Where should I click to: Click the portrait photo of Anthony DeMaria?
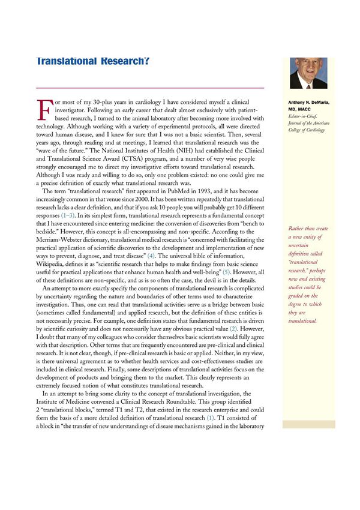tap(308, 73)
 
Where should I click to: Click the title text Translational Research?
tap(92, 61)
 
